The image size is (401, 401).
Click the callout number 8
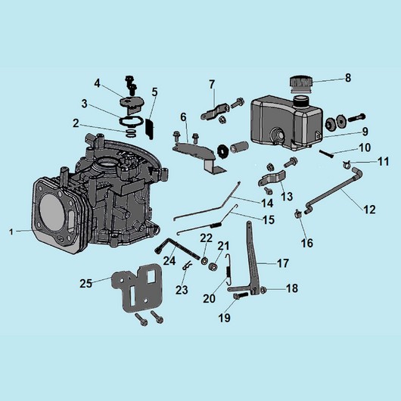(x=348, y=78)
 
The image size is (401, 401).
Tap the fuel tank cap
(x=301, y=85)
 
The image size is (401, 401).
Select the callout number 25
(x=85, y=284)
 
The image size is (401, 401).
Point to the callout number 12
(x=369, y=210)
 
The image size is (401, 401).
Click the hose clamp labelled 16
(x=297, y=213)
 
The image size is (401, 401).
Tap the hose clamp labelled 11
(x=347, y=164)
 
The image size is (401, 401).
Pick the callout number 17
(x=283, y=263)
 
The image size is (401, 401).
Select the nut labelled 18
(x=263, y=290)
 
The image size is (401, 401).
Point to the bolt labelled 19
(x=241, y=296)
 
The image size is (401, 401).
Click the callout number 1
(x=11, y=232)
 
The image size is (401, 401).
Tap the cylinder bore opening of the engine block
(x=52, y=211)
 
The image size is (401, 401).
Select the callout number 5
(x=154, y=92)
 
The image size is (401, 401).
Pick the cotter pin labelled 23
(x=187, y=266)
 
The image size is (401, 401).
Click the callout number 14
(x=267, y=204)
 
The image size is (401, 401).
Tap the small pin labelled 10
(x=327, y=154)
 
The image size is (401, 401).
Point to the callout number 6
(x=183, y=117)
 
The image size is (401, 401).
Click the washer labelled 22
(x=204, y=261)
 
